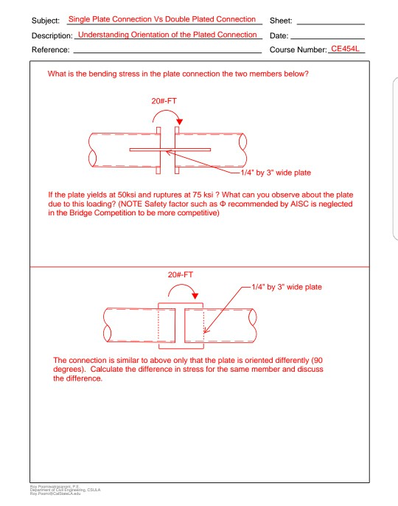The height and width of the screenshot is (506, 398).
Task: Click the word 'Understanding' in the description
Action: click(105, 35)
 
